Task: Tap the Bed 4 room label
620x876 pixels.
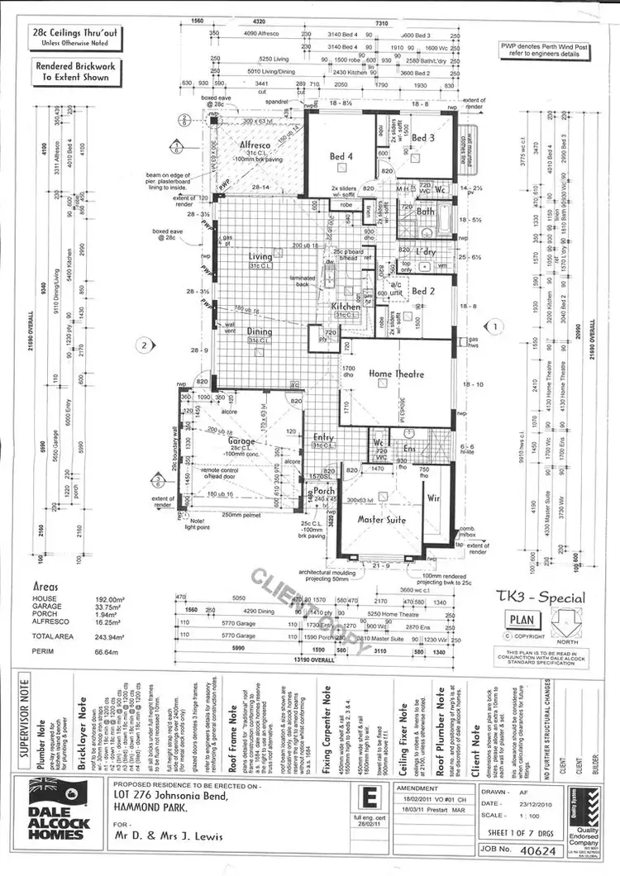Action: pos(341,156)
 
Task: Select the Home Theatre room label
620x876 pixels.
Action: pos(396,374)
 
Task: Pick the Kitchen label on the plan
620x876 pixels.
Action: pos(346,307)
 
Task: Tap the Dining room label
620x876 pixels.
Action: pos(260,331)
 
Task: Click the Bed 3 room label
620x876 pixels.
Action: pos(425,137)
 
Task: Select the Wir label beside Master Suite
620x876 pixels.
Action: pos(434,499)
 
